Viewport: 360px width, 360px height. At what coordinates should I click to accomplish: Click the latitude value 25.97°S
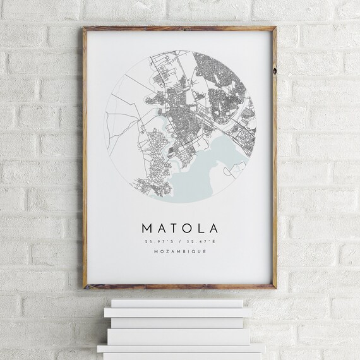pos(157,241)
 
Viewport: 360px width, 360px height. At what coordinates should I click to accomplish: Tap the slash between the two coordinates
pos(179,241)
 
